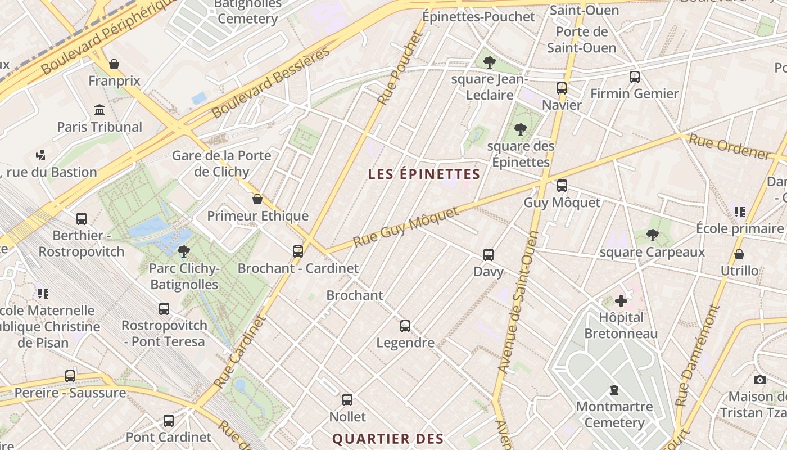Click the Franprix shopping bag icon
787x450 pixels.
tap(114, 64)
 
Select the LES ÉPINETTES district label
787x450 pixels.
tap(424, 174)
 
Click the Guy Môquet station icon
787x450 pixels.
tap(562, 186)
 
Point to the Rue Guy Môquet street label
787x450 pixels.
tap(405, 227)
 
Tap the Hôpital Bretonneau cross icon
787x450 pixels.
tap(621, 301)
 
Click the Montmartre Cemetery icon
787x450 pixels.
tap(614, 389)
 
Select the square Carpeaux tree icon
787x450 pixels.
tap(652, 235)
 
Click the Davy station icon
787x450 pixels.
tap(489, 255)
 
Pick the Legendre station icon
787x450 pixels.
tap(405, 326)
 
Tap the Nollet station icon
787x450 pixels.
tap(347, 400)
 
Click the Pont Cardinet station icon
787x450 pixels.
tap(169, 420)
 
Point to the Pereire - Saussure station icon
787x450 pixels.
tap(70, 376)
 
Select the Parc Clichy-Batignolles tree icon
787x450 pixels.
tap(183, 251)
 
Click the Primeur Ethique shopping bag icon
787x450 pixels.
tap(257, 199)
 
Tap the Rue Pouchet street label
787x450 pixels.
tap(400, 68)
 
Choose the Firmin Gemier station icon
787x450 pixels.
tap(635, 77)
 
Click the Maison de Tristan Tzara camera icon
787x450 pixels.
tap(760, 380)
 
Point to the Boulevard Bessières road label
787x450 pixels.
tap(271, 83)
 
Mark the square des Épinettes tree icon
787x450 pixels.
tap(521, 129)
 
